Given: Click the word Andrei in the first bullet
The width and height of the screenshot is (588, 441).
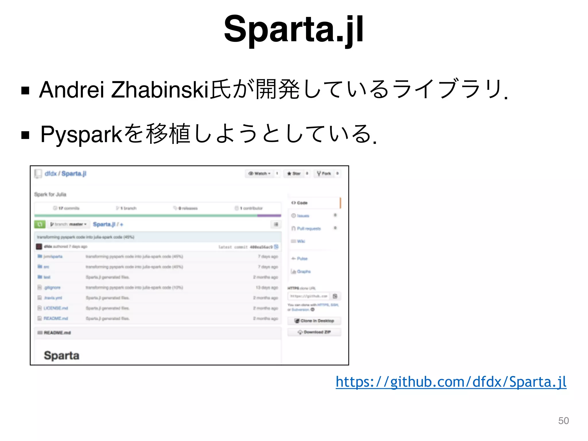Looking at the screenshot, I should click(71, 90).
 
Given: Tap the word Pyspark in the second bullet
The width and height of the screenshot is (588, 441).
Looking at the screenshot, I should click(82, 134).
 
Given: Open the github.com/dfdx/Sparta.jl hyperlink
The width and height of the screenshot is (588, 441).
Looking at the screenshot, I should click(451, 382).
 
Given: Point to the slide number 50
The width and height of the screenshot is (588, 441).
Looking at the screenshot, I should click(563, 421).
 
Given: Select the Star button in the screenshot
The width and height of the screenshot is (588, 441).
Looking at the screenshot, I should click(294, 173).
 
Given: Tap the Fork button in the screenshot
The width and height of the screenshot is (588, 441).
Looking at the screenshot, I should click(324, 173).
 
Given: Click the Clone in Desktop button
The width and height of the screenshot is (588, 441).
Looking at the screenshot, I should click(314, 321).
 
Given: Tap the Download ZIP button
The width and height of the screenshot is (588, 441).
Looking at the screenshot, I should click(314, 332).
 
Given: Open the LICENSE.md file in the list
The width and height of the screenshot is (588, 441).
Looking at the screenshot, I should click(56, 308).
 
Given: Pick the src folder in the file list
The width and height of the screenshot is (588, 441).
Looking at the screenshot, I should click(46, 267).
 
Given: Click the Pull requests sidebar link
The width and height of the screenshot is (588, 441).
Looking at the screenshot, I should click(309, 229).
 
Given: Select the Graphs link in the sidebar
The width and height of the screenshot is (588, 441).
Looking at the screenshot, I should click(303, 272).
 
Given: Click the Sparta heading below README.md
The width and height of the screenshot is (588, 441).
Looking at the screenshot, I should click(61, 355).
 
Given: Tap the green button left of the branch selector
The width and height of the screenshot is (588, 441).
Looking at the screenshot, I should click(40, 224).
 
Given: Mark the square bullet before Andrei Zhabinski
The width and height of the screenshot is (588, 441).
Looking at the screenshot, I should click(25, 91).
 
